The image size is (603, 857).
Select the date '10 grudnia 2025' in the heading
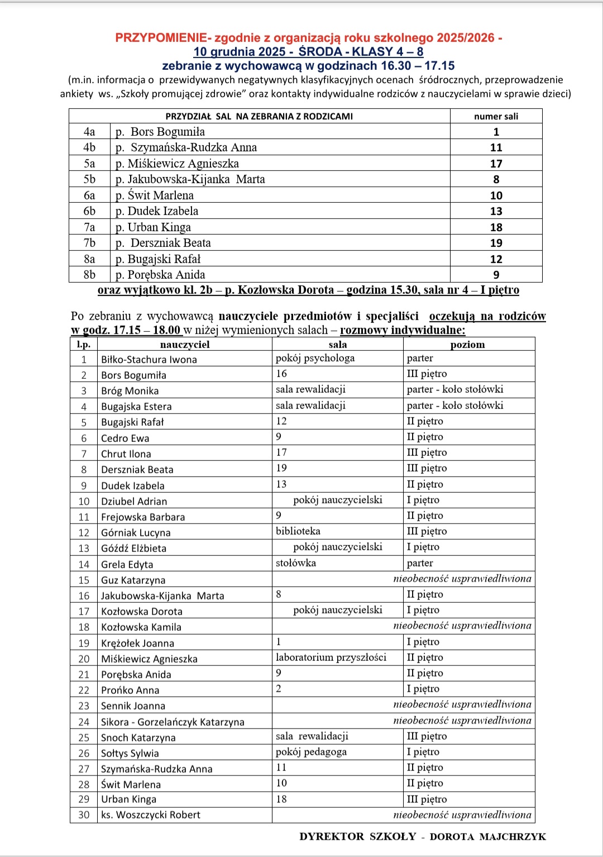[240, 52]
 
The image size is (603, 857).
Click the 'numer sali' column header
[496, 116]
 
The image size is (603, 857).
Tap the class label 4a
[89, 132]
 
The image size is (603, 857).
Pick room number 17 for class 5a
[496, 164]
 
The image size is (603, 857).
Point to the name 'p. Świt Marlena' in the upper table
[155, 196]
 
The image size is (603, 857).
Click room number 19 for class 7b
[496, 243]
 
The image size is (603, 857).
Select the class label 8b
[89, 275]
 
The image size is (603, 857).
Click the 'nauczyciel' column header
[185, 345]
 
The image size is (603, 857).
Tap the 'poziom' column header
[467, 345]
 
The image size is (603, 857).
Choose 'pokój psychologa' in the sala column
[315, 358]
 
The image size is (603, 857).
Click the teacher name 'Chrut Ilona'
[126, 454]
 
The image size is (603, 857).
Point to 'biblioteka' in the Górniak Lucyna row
[298, 531]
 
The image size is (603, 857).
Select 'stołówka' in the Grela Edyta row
[296, 563]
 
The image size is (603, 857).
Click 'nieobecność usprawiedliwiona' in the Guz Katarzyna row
[462, 579]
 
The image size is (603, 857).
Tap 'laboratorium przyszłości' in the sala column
[331, 658]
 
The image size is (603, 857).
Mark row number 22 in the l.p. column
[84, 690]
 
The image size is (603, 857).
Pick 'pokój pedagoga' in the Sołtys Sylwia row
[311, 752]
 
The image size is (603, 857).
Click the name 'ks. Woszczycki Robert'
[151, 815]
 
